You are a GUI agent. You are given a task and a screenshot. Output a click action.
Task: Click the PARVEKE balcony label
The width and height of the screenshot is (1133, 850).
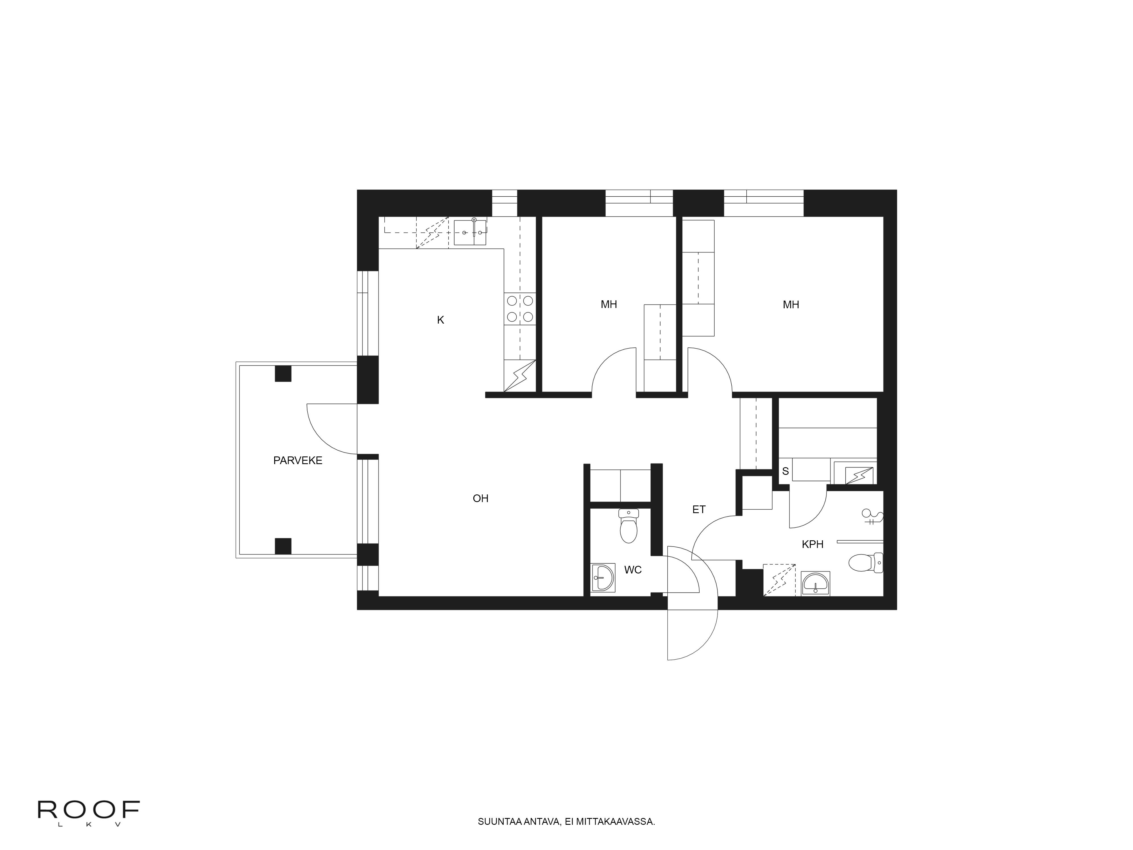point(298,461)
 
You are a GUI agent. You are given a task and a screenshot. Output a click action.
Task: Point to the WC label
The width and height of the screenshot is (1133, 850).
point(632,570)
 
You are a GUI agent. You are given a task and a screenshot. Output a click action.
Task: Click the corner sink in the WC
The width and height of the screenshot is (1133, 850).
point(603,579)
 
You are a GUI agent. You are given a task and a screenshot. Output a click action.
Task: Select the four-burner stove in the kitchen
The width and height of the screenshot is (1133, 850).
point(519,309)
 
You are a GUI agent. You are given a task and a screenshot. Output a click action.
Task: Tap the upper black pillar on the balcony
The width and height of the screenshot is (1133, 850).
point(283,373)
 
